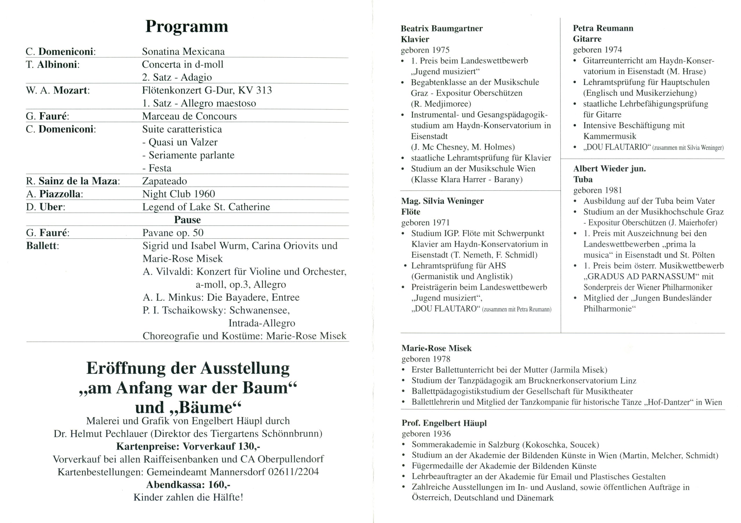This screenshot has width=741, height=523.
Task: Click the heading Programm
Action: (186, 26)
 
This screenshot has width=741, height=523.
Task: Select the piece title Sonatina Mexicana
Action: (183, 51)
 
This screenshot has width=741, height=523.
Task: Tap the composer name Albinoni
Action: (58, 64)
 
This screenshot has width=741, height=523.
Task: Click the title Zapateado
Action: (165, 181)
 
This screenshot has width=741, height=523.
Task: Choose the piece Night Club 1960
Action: (179, 194)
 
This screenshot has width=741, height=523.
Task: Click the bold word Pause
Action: (187, 220)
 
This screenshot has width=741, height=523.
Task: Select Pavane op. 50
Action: (173, 233)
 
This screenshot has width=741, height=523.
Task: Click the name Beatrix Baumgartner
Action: (441, 28)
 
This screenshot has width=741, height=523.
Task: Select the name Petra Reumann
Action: (603, 28)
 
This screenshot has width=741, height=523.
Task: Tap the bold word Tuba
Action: (583, 179)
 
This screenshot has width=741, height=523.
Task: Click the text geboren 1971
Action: (425, 223)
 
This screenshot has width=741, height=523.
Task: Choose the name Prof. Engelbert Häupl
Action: (444, 423)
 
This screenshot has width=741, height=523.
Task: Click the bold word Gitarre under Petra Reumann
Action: (587, 39)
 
